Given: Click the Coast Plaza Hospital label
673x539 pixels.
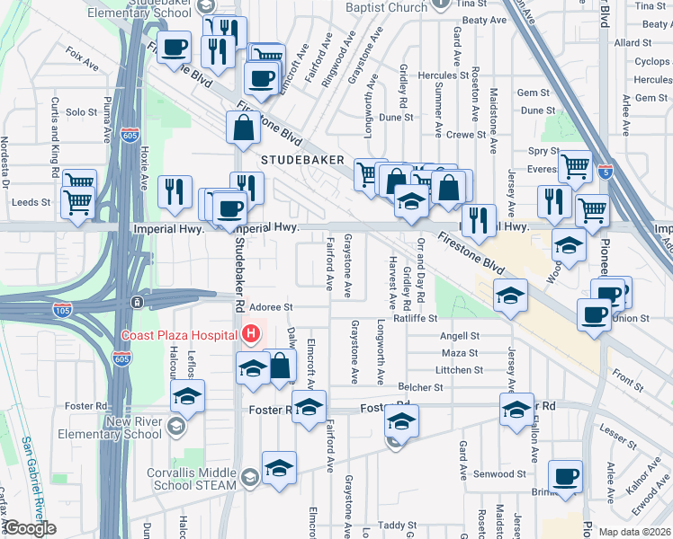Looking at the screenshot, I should coord(179,336).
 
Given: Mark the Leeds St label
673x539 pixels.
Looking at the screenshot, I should coord(25,203).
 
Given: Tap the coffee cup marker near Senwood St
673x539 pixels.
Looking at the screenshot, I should coord(566,476).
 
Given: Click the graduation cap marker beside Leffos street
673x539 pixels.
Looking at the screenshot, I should coord(187,396).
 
